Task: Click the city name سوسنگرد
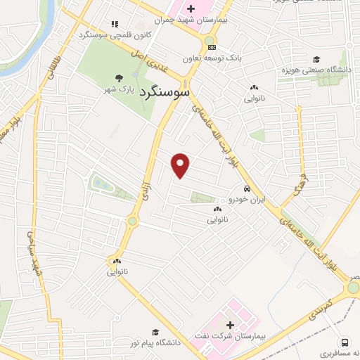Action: (x=165, y=91)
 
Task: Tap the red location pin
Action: (x=181, y=165)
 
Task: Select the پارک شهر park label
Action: (x=120, y=89)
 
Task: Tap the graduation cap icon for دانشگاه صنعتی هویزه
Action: (x=317, y=59)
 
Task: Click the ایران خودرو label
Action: (x=247, y=200)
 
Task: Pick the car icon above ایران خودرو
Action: (x=247, y=189)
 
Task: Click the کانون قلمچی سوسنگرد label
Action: (x=102, y=34)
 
